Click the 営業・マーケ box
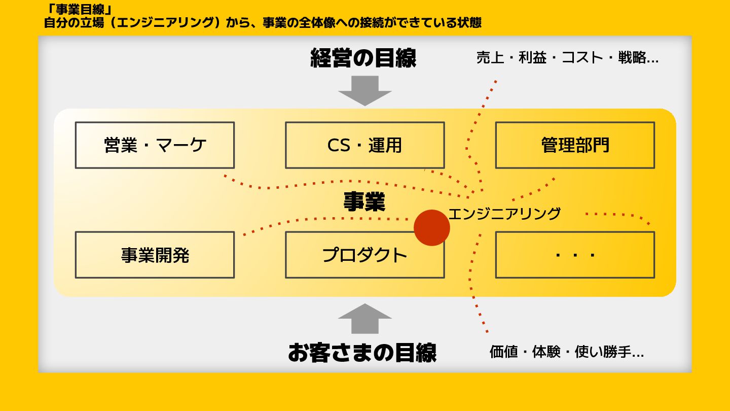155,145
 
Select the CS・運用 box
364,145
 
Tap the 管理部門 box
575,145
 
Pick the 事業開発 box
155,255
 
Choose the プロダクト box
364,255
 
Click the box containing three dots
575,255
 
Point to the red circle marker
432,228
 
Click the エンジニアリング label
504,214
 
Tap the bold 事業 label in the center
364,201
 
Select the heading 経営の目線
363,58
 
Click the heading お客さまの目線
362,352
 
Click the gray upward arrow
365,319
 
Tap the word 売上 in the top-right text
490,58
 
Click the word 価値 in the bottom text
503,352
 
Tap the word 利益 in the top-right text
532,58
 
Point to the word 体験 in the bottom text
546,352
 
